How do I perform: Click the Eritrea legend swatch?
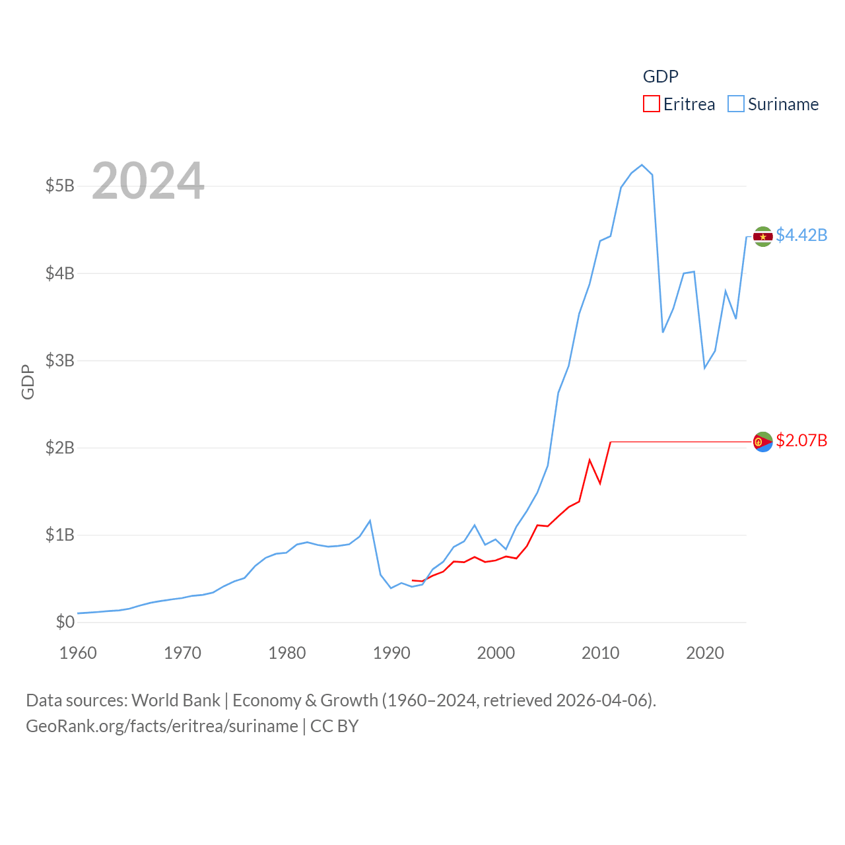[652, 104]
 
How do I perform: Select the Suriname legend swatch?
[736, 104]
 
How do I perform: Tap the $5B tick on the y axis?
[60, 186]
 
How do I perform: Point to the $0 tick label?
[65, 622]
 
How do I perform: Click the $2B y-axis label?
[60, 448]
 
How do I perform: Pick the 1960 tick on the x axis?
[78, 653]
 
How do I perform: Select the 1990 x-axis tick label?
[391, 653]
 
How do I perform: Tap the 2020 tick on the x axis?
[705, 653]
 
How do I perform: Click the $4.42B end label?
[801, 235]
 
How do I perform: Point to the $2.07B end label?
[801, 440]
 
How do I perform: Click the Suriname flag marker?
[763, 236]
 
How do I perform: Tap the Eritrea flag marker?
[763, 442]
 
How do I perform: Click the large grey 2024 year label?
[148, 181]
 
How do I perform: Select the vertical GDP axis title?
[28, 382]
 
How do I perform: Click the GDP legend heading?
[661, 77]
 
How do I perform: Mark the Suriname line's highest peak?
[642, 165]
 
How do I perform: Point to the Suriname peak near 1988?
[370, 521]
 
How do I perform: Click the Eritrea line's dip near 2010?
[600, 483]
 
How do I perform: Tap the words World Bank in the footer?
[176, 700]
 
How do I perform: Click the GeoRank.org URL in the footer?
[162, 726]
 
